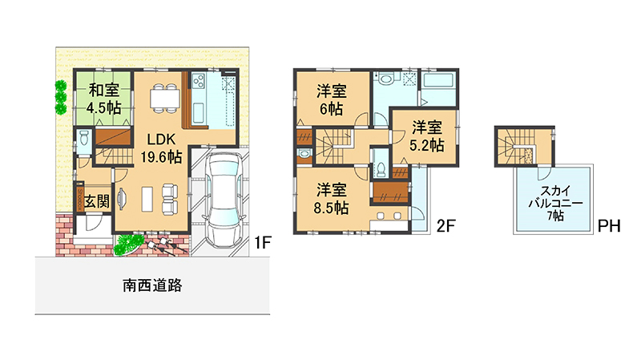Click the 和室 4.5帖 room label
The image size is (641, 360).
pos(104,99)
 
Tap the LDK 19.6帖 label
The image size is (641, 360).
pos(161,148)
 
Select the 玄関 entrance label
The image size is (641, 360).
pos(97,201)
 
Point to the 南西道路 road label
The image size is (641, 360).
pos(152,285)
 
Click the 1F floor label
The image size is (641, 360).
pos(263,243)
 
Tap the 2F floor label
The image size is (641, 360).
pos(445,225)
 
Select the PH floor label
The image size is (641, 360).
pos(609,226)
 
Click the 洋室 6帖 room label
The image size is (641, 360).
pos(331,99)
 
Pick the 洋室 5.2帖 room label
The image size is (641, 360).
pos(427,136)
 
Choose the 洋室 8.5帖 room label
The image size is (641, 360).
pos(331,199)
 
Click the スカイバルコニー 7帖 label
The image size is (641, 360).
pos(555,203)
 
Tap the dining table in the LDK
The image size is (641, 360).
pos(165,98)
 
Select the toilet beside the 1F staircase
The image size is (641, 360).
pos(84,138)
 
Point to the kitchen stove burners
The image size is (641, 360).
pos(198,81)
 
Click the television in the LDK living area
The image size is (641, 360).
pos(122,199)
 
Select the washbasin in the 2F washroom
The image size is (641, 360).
pos(385,77)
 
